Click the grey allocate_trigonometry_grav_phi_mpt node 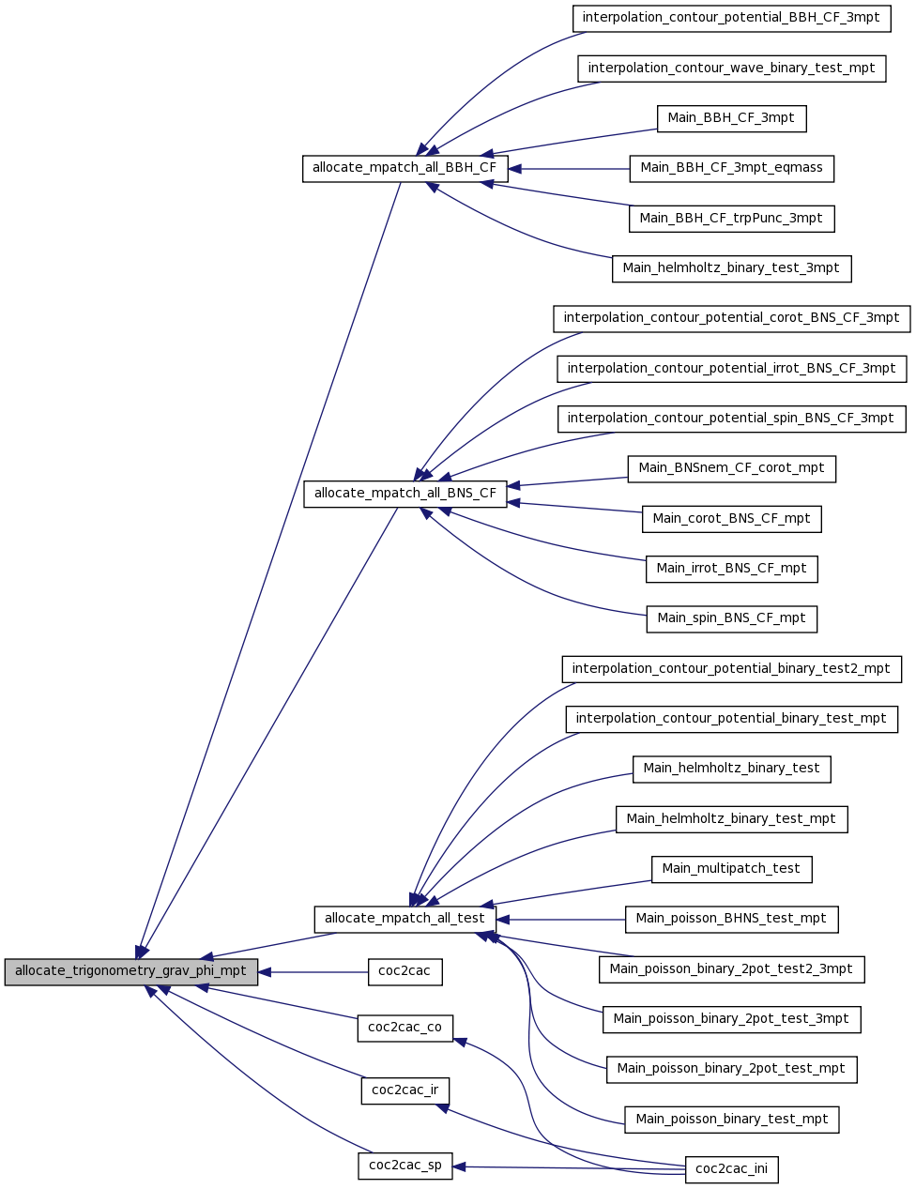point(130,972)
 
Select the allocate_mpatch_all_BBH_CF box point(405,169)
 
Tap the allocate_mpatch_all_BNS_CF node point(405,495)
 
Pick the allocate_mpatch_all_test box point(405,920)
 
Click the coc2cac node point(405,972)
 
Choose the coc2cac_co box point(405,1029)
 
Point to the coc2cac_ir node point(405,1091)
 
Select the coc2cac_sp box point(405,1166)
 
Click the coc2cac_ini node point(732,1170)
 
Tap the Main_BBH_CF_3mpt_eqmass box point(732,169)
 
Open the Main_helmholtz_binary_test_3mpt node point(732,268)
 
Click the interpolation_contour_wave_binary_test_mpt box point(732,69)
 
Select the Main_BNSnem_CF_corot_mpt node point(732,469)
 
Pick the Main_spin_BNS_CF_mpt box point(732,618)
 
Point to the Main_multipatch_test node point(732,869)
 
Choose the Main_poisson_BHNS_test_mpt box point(732,920)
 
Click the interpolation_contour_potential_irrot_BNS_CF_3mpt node point(732,369)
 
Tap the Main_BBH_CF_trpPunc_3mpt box point(732,219)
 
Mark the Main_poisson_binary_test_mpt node point(732,1120)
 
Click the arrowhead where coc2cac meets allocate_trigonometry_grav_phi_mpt point(265,972)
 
